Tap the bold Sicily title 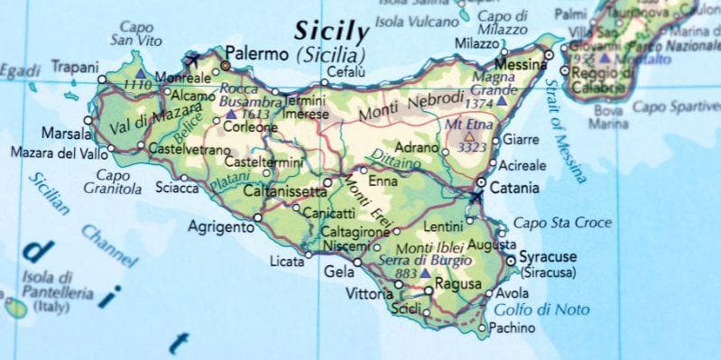(x=332, y=31)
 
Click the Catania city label (x=516, y=189)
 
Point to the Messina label (x=522, y=65)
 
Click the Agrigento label (x=220, y=227)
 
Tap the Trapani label (x=74, y=67)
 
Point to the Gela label (x=337, y=272)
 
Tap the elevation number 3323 (x=473, y=146)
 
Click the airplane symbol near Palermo (x=190, y=61)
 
